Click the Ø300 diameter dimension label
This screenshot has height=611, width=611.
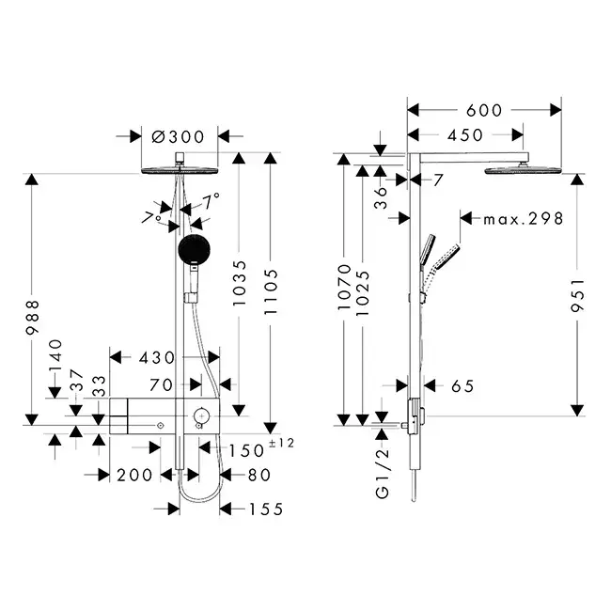pos(178,136)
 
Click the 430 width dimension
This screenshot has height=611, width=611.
pos(156,357)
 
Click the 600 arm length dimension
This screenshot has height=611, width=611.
pos(484,109)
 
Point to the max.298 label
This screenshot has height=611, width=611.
pos(523,218)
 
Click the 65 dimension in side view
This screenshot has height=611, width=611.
pos(462,385)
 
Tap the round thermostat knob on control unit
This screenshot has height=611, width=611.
pos(200,415)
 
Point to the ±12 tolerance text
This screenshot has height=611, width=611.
pos(281,444)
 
